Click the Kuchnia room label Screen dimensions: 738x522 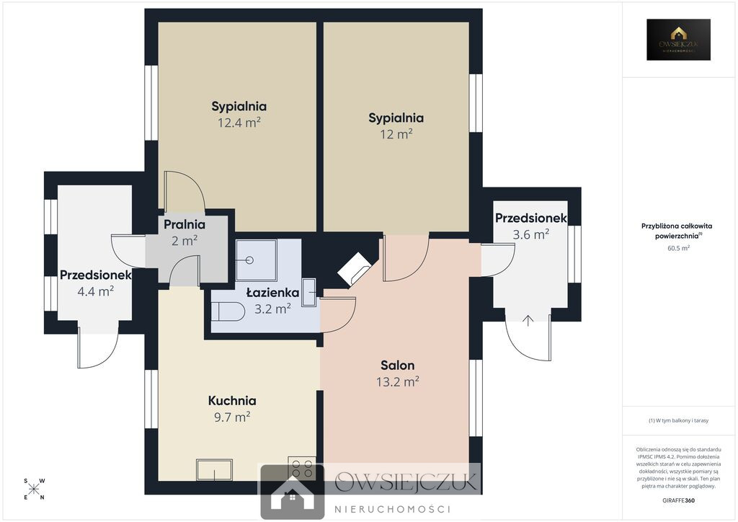pos(232,401)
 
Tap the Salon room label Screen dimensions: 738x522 pos(398,366)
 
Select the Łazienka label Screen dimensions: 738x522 pos(272,293)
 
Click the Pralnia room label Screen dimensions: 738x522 pos(184,224)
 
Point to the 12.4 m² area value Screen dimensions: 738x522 pos(239,123)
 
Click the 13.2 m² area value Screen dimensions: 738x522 pos(398,381)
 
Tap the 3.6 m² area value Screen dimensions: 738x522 pos(531,234)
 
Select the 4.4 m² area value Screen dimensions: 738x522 pos(96,291)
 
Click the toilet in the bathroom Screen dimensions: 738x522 pos(228,311)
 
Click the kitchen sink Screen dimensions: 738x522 pos(214,470)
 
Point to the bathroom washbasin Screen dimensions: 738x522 pos(308,292)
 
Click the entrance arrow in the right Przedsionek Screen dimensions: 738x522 pos(528,321)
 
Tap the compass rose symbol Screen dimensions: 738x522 pos(34,489)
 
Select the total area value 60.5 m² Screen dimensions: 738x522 pos(678,247)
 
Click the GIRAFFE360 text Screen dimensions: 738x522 pos(678,500)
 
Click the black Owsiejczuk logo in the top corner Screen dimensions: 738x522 pos(678,40)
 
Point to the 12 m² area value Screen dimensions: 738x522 pos(396,133)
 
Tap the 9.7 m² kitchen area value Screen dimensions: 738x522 pos(232,417)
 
